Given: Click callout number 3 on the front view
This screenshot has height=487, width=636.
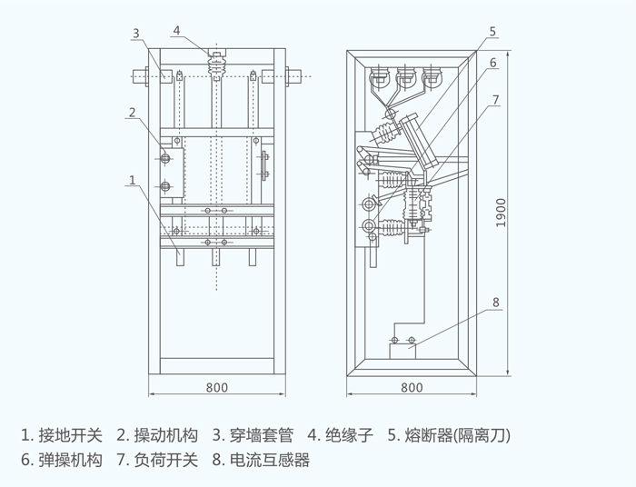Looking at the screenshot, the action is pyautogui.click(x=136, y=34).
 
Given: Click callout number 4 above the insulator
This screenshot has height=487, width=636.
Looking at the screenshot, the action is pyautogui.click(x=176, y=30).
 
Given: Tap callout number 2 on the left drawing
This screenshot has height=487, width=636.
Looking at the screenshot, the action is pyautogui.click(x=133, y=113).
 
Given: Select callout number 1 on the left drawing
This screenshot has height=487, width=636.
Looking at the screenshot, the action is pyautogui.click(x=133, y=180).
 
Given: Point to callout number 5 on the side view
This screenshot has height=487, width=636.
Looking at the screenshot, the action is pyautogui.click(x=492, y=32).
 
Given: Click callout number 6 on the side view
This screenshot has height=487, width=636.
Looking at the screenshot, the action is pyautogui.click(x=493, y=63).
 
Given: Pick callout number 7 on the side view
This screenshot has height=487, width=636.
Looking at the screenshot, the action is pyautogui.click(x=496, y=100).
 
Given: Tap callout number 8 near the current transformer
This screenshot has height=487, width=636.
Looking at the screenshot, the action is pyautogui.click(x=496, y=303).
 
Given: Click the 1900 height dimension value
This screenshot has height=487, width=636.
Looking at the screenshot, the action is pyautogui.click(x=502, y=213).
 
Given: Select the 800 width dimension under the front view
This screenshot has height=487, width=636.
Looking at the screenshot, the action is pyautogui.click(x=217, y=388).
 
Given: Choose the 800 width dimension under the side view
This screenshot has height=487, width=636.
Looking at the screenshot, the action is pyautogui.click(x=412, y=388).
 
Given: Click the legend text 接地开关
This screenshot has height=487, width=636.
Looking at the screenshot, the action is pyautogui.click(x=71, y=435).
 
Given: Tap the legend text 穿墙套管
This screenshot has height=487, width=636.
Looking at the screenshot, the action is pyautogui.click(x=262, y=435).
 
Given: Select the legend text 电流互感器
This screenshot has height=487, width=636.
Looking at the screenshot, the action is pyautogui.click(x=270, y=461).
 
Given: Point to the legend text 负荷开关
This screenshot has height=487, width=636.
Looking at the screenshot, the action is pyautogui.click(x=166, y=461).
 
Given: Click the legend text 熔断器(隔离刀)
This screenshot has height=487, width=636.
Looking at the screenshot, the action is pyautogui.click(x=458, y=435).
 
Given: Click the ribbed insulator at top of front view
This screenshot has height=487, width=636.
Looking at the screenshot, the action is pyautogui.click(x=216, y=65).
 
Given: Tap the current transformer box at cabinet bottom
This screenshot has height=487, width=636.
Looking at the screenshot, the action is pyautogui.click(x=402, y=351).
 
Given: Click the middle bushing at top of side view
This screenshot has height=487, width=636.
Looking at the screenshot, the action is pyautogui.click(x=405, y=77).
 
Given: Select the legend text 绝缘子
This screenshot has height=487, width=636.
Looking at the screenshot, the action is pyautogui.click(x=349, y=435).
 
